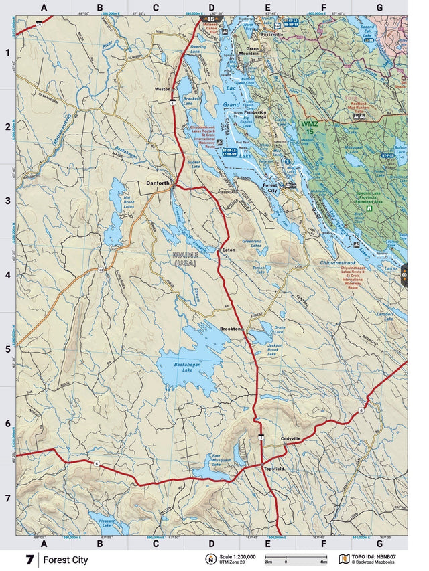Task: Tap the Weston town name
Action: pos(163,88)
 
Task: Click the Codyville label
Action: pos(292,438)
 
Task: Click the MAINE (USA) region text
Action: pos(186,258)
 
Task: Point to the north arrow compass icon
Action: pos(209,560)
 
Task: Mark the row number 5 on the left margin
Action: pos(7,349)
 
